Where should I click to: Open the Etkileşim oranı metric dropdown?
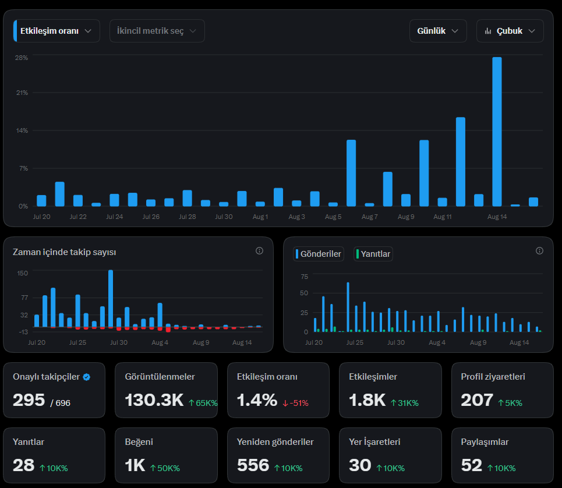tap(56, 31)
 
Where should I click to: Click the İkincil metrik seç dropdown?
tap(157, 31)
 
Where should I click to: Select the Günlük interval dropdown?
tap(438, 31)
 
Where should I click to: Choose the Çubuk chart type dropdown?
tap(510, 31)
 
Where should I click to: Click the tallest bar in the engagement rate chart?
tap(497, 132)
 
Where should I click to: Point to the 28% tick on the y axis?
tap(22, 58)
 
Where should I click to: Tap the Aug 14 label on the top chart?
tap(497, 217)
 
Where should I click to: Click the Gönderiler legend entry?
tap(319, 254)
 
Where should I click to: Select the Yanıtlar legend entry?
tap(373, 254)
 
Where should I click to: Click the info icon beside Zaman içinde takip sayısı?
tap(260, 251)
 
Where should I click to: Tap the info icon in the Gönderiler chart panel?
tap(539, 251)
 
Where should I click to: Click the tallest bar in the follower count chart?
tap(111, 299)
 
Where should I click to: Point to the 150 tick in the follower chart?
tap(23, 273)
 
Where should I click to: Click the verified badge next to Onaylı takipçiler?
tap(86, 377)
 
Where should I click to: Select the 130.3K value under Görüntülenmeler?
tap(154, 400)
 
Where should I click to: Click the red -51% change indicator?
tap(295, 403)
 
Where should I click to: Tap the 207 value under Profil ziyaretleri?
tap(477, 400)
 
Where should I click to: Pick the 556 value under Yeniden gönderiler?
tap(253, 465)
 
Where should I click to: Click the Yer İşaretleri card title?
tap(374, 442)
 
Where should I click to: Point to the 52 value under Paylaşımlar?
tap(471, 465)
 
